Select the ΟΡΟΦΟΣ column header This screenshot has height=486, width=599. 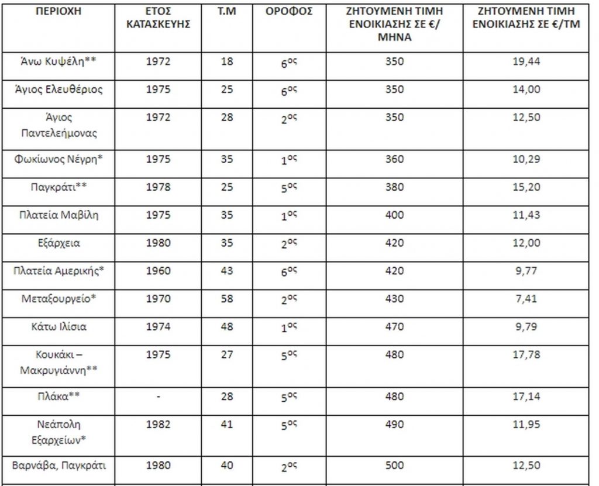coord(293,12)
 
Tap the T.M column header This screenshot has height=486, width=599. coord(227,12)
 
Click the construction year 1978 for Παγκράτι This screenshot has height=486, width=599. coord(158,187)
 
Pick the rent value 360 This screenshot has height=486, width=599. coord(395,159)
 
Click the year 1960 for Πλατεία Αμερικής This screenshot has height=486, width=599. coord(158,271)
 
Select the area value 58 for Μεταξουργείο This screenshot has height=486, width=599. coord(227,299)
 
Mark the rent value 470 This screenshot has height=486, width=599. coord(395,327)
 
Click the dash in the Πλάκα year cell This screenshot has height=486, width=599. coord(158,397)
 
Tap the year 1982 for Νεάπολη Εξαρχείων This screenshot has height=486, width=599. coord(158,424)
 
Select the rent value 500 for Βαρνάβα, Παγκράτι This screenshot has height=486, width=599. coord(395,466)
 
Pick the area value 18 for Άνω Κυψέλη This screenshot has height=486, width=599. coord(227,62)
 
